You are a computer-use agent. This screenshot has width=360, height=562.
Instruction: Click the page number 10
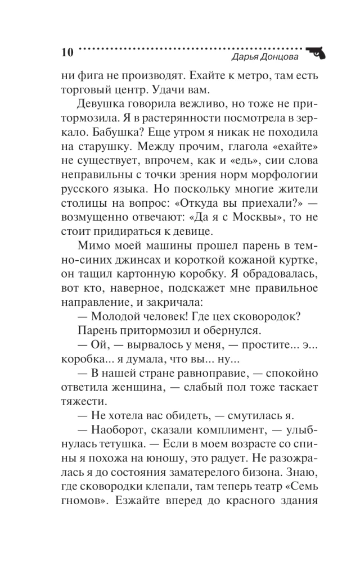click(x=66, y=53)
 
